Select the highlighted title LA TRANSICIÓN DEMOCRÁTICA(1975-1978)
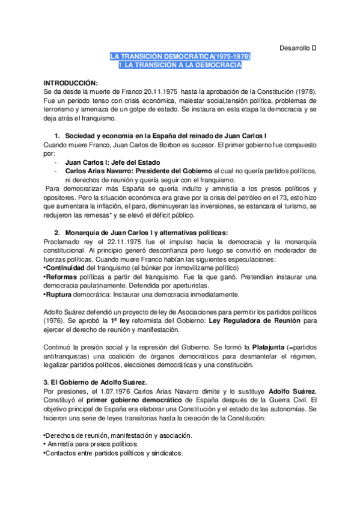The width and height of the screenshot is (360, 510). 180,56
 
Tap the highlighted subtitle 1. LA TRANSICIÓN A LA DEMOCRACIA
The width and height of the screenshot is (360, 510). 180,64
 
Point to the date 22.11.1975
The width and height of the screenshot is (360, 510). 94,242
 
